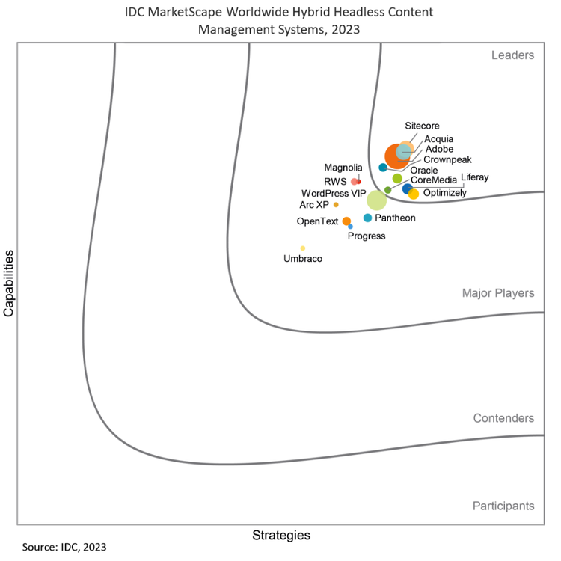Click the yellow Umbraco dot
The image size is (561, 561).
302,248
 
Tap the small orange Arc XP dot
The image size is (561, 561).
336,204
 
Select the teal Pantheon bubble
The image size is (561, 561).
367,218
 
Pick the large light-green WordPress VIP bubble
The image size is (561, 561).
376,200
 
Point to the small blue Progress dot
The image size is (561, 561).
350,226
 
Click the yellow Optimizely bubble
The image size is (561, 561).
414,194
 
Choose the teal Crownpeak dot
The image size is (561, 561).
383,168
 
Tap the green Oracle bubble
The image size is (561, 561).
397,178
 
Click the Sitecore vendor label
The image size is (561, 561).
422,126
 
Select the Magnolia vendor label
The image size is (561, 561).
343,168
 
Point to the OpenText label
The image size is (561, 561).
318,221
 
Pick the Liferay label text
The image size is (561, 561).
475,177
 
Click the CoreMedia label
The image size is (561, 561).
434,181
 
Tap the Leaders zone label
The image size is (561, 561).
512,55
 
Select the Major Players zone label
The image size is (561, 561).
498,293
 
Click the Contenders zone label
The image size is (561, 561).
503,418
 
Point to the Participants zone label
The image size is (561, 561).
503,506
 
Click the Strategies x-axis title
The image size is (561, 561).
281,535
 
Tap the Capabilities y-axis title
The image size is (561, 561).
9,283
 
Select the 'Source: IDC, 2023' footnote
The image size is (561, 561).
64,547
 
